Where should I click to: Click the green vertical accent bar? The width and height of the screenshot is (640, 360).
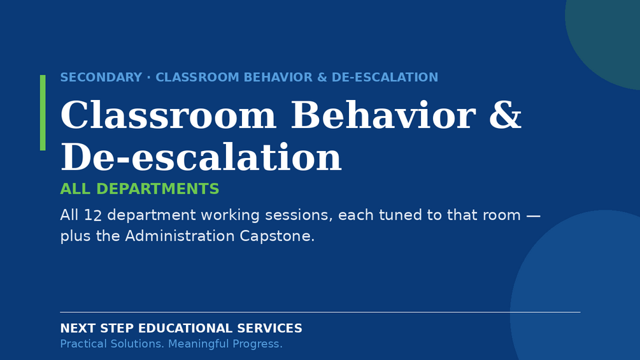43,113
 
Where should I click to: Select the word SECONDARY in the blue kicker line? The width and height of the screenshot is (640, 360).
101,77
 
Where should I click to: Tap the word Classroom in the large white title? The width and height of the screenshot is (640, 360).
168,115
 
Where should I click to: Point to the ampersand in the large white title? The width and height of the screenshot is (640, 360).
505,115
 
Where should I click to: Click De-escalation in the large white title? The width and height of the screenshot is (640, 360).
201,157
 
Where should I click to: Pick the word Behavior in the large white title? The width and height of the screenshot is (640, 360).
383,115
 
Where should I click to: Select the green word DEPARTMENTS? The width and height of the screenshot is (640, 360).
157,189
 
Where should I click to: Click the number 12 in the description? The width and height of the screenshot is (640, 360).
92,215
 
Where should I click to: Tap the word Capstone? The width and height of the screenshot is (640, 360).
277,236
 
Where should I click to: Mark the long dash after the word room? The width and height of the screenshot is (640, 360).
533,215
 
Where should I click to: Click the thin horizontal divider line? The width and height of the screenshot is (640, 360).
320,312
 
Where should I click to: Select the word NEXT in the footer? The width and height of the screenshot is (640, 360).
78,328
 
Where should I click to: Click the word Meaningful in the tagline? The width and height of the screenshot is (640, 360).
197,344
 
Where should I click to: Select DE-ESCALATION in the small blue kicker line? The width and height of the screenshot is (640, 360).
385,77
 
